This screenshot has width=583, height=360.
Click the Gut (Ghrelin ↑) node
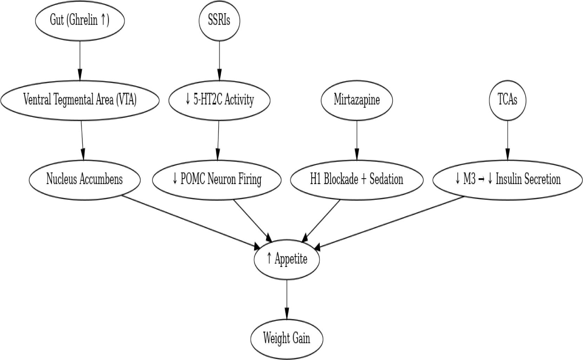click(80, 20)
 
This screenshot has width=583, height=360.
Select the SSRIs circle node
click(219, 20)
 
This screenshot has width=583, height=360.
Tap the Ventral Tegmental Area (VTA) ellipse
click(80, 100)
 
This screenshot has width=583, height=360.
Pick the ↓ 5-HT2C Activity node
click(219, 100)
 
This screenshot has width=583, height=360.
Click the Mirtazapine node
click(357, 100)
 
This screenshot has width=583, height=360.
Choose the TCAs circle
click(507, 100)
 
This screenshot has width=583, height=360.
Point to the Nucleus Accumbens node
click(85, 179)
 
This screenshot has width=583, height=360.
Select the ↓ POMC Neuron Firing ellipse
click(217, 179)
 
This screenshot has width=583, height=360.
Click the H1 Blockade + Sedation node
click(357, 179)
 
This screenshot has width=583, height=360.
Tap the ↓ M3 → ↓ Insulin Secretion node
click(507, 179)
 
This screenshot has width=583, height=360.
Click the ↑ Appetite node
click(287, 259)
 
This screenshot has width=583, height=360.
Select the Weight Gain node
click(287, 339)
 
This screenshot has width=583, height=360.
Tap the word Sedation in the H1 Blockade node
click(386, 179)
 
